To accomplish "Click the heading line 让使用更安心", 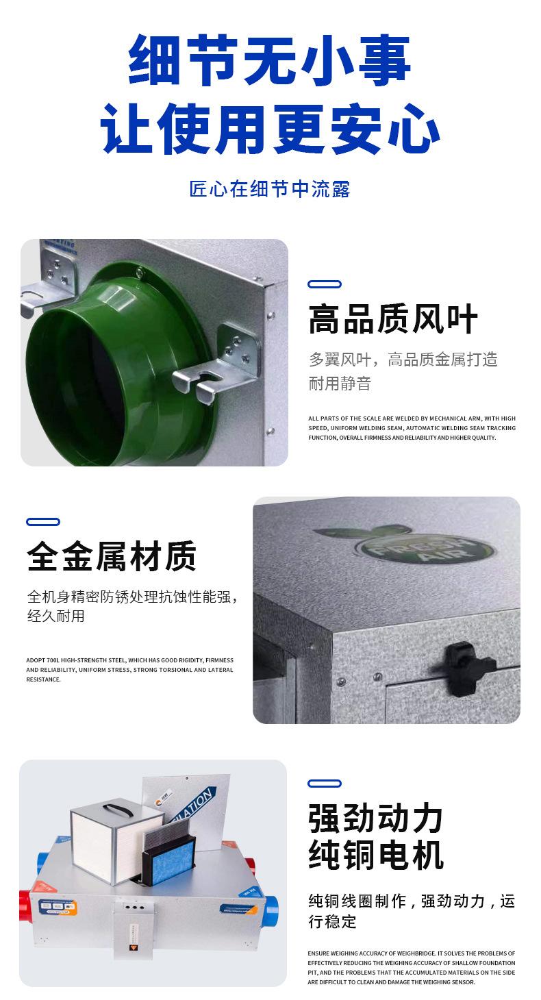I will [270, 128].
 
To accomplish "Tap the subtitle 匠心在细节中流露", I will [270, 189].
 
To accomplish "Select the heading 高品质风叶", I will [392, 321].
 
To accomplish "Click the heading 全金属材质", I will [112, 556].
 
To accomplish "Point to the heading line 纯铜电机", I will [376, 855].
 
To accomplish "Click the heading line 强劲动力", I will [376, 818].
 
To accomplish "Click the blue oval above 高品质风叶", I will [325, 284].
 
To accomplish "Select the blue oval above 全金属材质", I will [43, 522].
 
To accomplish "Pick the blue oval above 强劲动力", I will [325, 784].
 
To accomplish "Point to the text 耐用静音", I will [340, 384].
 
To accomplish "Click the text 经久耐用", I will [55, 616].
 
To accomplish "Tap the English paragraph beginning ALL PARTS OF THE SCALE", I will [412, 428].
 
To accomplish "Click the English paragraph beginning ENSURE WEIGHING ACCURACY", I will [412, 967].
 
